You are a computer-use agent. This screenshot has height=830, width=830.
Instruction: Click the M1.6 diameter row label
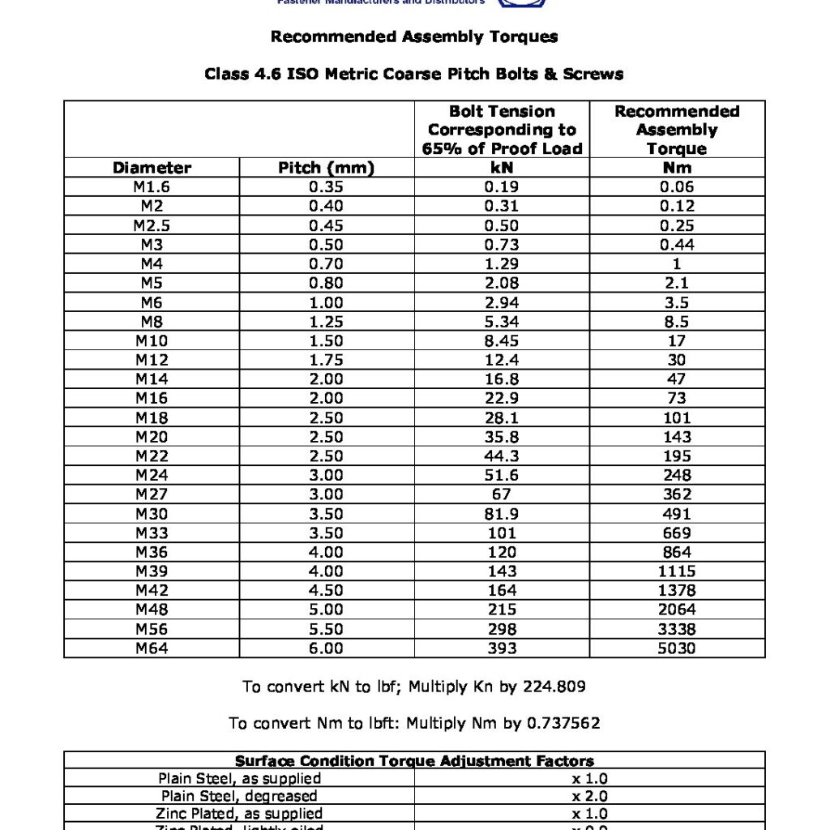click(x=152, y=187)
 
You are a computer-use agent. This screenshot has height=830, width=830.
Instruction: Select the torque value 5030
click(x=677, y=648)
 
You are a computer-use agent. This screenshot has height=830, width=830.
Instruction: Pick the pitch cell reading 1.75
click(x=327, y=360)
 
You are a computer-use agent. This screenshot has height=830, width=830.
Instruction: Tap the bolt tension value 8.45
click(x=502, y=340)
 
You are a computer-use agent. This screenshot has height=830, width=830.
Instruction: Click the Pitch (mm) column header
click(x=327, y=169)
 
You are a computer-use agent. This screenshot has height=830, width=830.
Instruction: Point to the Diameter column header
click(x=152, y=169)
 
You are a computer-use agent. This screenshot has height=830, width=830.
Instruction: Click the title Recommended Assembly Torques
click(x=414, y=36)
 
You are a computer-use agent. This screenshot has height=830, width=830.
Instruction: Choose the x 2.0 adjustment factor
click(x=589, y=796)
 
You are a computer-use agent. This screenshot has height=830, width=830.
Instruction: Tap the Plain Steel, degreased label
click(x=239, y=796)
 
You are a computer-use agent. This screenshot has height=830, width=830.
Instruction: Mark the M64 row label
click(x=152, y=648)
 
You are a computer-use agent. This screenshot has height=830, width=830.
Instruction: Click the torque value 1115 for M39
click(x=677, y=571)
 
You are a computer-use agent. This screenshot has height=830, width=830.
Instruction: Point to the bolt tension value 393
click(x=502, y=648)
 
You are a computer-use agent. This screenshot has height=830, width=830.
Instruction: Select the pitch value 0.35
click(x=327, y=187)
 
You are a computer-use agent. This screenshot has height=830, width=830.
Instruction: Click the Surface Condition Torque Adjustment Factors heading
click(x=414, y=761)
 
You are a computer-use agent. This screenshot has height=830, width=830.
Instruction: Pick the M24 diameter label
click(x=152, y=475)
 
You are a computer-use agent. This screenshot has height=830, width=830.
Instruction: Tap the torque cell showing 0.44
click(x=677, y=245)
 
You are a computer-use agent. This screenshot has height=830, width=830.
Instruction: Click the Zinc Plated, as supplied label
click(x=239, y=813)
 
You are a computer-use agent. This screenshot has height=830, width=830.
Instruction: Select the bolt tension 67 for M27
click(x=502, y=494)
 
